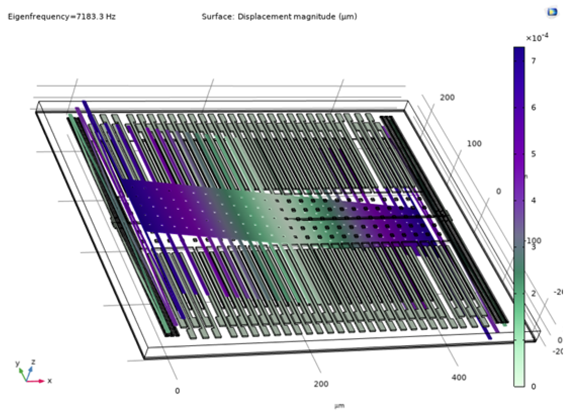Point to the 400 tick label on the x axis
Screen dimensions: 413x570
pos(459,377)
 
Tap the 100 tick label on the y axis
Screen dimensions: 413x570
pos(474,144)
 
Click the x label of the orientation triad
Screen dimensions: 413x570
pos(50,381)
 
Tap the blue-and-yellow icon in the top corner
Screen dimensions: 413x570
pos(552,12)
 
